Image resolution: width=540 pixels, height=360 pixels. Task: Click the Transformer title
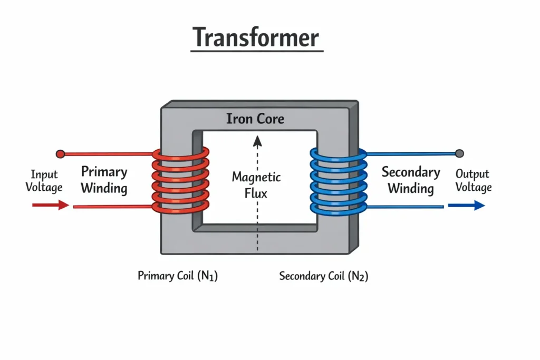(x=256, y=37)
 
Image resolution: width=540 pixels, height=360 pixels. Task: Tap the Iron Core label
(x=255, y=119)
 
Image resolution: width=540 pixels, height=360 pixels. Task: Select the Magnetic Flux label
(x=256, y=184)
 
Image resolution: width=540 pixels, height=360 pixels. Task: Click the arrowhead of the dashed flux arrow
(x=257, y=140)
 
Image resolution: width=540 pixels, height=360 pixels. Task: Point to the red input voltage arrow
(x=51, y=205)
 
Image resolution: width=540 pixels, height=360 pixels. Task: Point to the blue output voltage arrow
(x=466, y=205)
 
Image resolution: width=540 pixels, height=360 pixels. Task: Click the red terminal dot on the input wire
(x=61, y=154)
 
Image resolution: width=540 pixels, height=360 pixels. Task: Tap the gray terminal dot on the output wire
(x=459, y=153)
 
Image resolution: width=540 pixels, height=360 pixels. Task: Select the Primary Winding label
(x=104, y=180)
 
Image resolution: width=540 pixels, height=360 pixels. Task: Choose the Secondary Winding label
(x=411, y=180)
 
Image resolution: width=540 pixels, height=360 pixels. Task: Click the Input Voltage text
(x=44, y=181)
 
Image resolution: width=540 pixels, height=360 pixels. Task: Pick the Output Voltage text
(x=473, y=180)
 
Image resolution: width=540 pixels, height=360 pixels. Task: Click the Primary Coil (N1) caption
(x=177, y=276)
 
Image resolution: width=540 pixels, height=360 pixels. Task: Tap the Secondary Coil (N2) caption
(x=323, y=276)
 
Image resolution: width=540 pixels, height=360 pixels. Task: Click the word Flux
(x=256, y=193)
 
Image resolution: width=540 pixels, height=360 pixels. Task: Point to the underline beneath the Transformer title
(x=256, y=51)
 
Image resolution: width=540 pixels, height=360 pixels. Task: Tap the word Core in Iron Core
(x=270, y=119)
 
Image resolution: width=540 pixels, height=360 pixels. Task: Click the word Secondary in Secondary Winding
(x=411, y=172)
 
